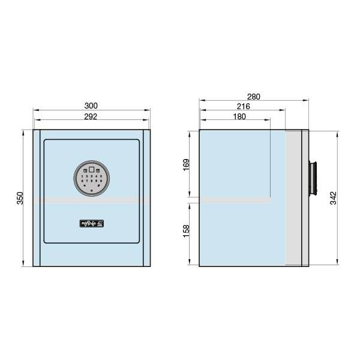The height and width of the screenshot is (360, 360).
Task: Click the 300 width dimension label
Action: (x=92, y=106)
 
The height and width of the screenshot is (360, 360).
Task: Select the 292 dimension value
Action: (x=92, y=116)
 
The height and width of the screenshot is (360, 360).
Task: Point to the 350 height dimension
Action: (x=19, y=198)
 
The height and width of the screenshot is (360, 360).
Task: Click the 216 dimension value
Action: (x=243, y=106)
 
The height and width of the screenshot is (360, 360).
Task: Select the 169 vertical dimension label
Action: (x=186, y=164)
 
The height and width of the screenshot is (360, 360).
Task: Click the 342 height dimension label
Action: (x=333, y=198)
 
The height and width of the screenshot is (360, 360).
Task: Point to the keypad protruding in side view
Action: (x=313, y=178)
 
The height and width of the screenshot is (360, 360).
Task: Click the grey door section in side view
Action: (x=293, y=198)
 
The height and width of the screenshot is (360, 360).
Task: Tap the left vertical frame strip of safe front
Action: (x=37, y=198)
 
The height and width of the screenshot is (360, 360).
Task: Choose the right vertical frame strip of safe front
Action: (x=146, y=198)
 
